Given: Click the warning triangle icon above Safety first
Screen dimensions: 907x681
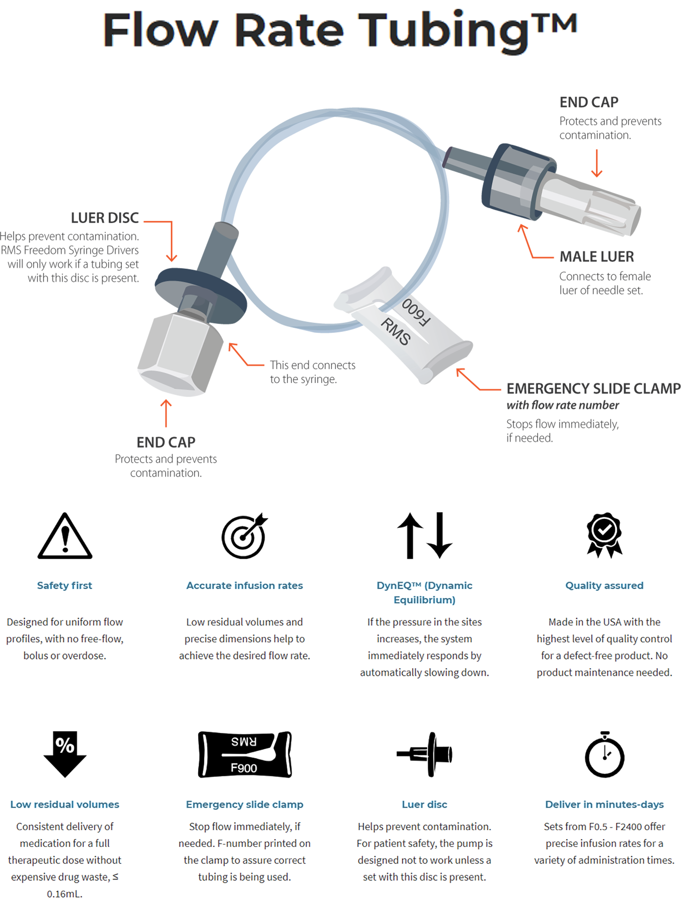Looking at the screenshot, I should (65, 537).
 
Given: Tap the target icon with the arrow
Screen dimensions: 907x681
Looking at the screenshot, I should (244, 537).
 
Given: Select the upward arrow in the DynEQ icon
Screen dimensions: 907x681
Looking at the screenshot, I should (410, 535).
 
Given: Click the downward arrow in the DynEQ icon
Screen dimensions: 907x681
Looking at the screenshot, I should (439, 535).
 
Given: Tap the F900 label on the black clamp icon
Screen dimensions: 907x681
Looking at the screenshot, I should (244, 768).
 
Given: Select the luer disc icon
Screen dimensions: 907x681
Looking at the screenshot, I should (425, 754).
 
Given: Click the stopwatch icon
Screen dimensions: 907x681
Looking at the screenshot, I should (604, 755).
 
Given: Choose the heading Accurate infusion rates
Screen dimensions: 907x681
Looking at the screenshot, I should (244, 586).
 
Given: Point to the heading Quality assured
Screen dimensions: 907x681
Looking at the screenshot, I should (604, 586).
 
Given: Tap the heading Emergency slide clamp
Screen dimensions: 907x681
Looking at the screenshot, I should (244, 804).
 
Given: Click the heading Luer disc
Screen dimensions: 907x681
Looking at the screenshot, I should (425, 804).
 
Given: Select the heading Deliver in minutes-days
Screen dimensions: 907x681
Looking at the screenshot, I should (604, 804).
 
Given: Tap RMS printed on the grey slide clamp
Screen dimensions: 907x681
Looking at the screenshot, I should (395, 332).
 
